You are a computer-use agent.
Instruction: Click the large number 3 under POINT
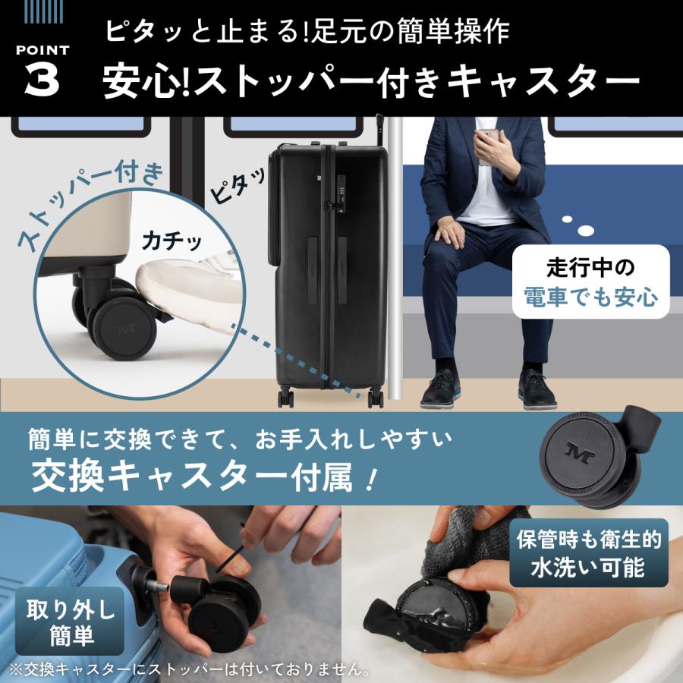click(x=42, y=81)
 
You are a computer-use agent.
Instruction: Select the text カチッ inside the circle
click(x=172, y=241)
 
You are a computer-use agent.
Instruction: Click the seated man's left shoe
click(x=537, y=389)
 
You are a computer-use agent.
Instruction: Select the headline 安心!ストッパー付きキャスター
click(x=372, y=81)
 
